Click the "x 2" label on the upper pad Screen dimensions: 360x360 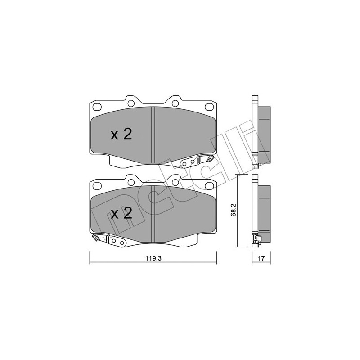pos(121,134)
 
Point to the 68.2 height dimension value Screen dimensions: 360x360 pos(233,211)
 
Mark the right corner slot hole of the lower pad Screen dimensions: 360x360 pos(209,185)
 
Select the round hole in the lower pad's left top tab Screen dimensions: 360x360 pos(131,182)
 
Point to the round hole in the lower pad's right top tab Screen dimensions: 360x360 pos(176,182)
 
